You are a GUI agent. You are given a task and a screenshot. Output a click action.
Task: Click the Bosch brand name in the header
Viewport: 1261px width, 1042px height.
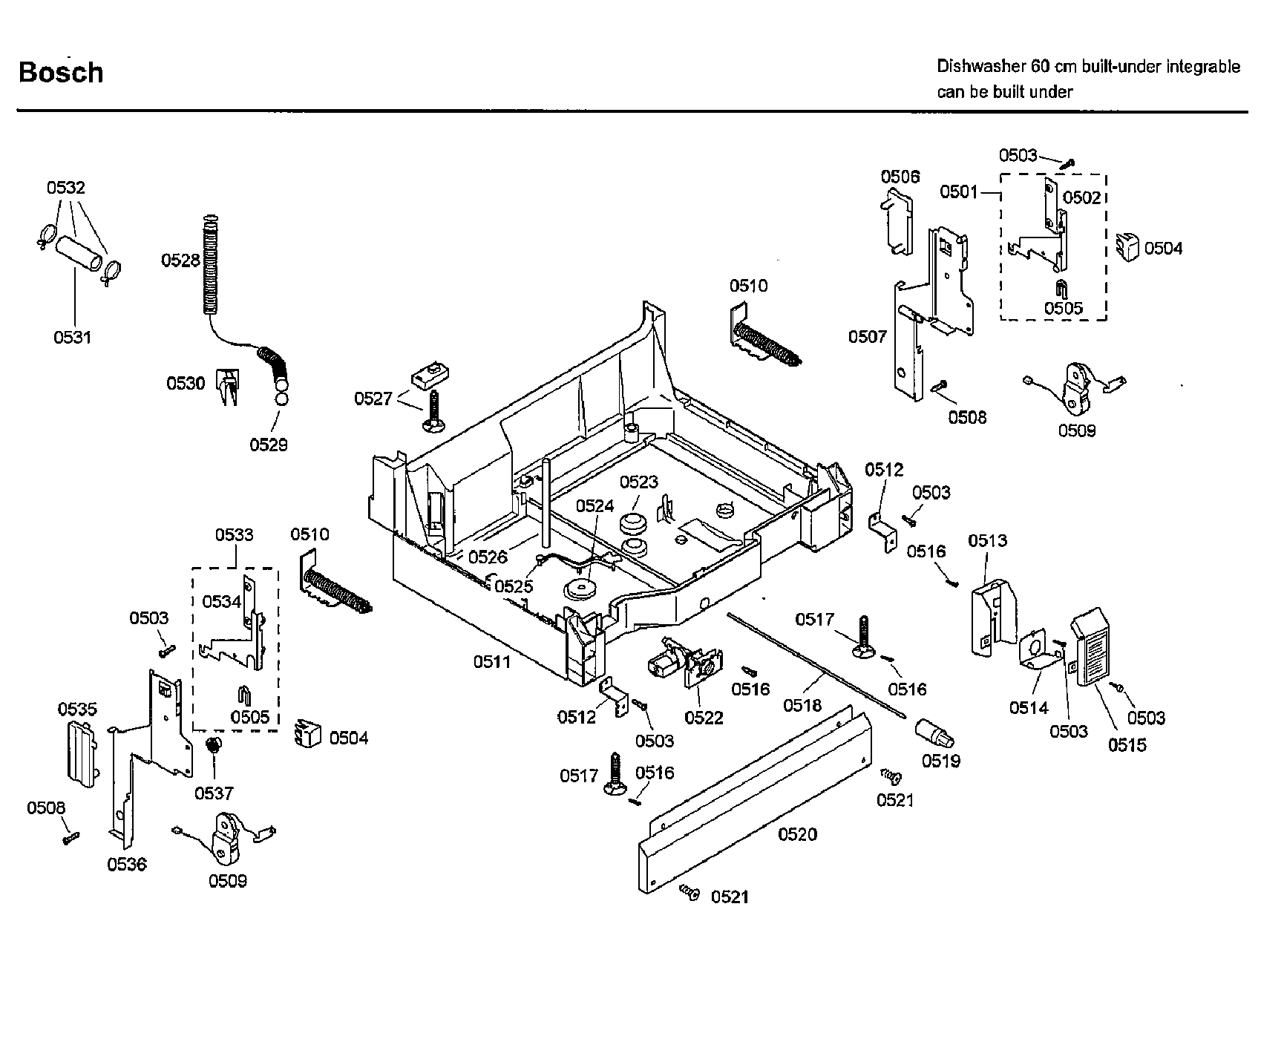point(61,73)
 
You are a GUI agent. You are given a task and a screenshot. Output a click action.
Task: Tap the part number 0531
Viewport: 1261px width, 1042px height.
point(72,337)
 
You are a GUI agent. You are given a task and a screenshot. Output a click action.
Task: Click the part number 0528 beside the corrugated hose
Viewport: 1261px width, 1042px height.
point(180,260)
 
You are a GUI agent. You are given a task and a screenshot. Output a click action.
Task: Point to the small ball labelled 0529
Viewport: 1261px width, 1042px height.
point(281,399)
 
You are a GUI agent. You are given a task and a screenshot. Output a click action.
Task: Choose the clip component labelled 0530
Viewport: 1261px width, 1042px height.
point(228,386)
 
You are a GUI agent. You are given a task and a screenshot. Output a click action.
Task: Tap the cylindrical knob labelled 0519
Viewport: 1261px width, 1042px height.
point(935,733)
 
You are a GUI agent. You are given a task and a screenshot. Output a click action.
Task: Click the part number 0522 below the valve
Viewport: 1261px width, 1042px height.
point(704,718)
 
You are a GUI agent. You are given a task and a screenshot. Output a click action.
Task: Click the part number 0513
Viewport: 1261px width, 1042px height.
point(987,540)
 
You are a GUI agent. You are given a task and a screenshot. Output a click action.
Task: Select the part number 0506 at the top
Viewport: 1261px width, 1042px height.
point(900,177)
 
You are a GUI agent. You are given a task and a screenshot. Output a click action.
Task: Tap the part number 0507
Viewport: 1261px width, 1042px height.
point(868,337)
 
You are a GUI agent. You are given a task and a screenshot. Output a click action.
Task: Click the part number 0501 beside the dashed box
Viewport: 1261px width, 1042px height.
point(959,192)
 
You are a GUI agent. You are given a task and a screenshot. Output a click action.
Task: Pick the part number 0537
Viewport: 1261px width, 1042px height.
point(214,793)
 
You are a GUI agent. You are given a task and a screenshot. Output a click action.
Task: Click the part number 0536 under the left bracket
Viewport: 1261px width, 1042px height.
point(127,864)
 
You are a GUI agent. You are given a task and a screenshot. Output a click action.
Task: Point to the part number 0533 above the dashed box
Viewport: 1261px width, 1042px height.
point(235,534)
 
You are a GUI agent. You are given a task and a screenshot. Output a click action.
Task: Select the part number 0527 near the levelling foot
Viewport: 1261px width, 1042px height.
point(373,399)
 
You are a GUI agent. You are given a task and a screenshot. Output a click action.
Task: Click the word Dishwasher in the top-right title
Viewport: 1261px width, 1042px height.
point(980,67)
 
